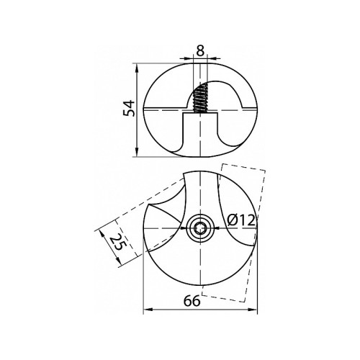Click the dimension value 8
(x=199, y=51)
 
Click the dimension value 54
(x=129, y=109)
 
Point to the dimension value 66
(x=192, y=301)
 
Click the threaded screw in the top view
(x=199, y=98)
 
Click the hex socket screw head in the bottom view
(x=199, y=228)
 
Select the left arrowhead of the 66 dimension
(x=148, y=310)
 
